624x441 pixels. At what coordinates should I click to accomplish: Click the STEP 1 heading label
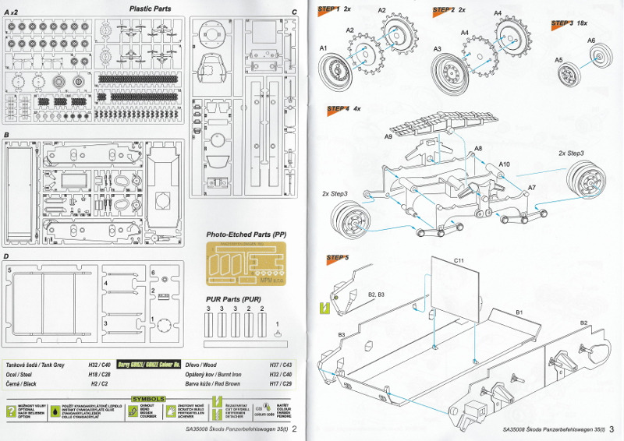(x=328, y=9)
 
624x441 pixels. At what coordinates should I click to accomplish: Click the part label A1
(x=323, y=48)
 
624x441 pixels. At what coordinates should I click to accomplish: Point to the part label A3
(x=438, y=49)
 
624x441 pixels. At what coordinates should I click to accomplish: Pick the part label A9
(x=388, y=136)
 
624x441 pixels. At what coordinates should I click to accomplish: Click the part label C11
(x=459, y=259)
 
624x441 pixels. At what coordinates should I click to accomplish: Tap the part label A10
(x=505, y=164)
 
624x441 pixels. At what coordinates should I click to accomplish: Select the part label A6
(x=590, y=41)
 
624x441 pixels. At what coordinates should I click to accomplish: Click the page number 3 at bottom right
(x=613, y=428)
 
